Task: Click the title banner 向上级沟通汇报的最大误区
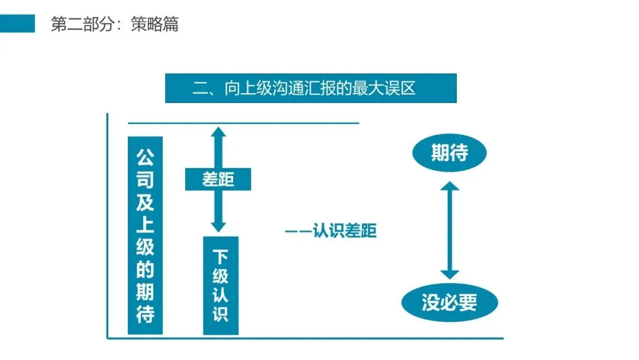[311, 88]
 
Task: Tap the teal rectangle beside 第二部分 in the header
[17, 24]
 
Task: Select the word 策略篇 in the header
[154, 25]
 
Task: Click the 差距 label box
[218, 179]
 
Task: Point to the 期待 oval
[449, 153]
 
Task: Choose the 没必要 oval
[449, 303]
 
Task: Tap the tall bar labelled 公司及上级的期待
[145, 235]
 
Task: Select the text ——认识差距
[330, 230]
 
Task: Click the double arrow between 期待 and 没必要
[450, 230]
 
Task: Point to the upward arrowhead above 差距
[218, 133]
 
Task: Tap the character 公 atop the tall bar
[145, 157]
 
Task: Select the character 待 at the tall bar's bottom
[145, 314]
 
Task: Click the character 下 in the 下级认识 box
[220, 257]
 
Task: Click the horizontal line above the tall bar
[243, 124]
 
